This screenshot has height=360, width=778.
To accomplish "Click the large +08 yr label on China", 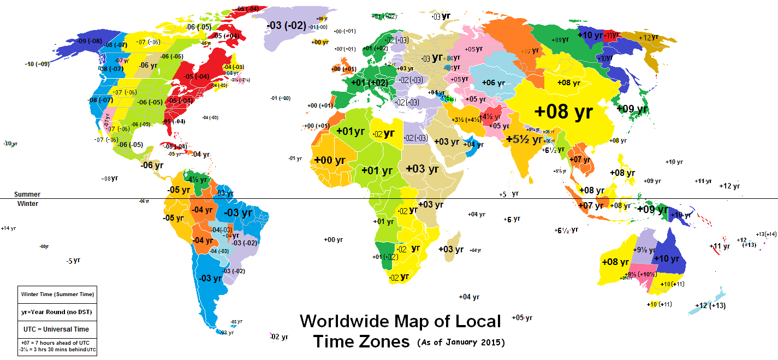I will tap(563, 112).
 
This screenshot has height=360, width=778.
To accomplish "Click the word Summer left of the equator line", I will tap(27, 194).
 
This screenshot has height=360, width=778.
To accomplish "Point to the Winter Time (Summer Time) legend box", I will tap(58, 294).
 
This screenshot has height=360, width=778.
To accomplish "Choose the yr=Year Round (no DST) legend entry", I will tap(58, 312).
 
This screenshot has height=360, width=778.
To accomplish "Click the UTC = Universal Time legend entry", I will tap(58, 329).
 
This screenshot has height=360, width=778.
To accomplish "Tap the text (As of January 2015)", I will tap(461, 343).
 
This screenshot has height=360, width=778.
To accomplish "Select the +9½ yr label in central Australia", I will tap(643, 250).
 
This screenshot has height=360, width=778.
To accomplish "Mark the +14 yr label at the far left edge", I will tap(8, 228).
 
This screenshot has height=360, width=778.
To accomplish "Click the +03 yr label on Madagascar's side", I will tap(451, 249).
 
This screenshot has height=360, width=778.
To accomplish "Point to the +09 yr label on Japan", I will tap(632, 109).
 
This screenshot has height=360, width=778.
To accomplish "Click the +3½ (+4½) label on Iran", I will tap(466, 120).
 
